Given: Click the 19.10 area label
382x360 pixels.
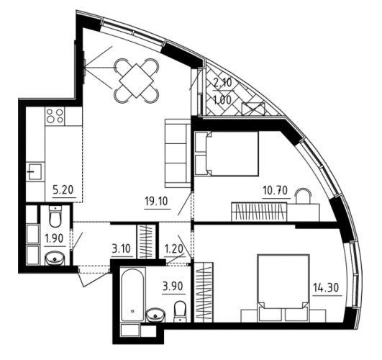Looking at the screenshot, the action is pos(156,202).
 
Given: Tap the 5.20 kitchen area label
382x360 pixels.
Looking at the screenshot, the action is pos(63,190).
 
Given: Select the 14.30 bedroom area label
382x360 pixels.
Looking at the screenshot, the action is pos(327,288).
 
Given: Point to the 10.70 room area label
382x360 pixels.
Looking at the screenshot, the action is pos(276,191).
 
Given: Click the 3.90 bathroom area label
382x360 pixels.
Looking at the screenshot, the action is pos(173,286).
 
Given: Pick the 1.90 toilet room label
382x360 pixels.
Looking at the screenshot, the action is pos(54,238).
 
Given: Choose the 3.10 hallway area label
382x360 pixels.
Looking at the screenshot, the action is pos(122,248).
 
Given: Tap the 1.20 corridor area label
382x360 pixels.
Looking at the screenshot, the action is pos(173,249).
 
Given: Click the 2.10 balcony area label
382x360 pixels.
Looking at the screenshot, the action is pos(222,84).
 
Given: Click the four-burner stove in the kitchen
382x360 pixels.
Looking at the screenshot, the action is pos(55,116).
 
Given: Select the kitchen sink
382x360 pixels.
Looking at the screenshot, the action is pos(34,171).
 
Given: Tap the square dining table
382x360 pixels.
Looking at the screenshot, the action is pos(137,81).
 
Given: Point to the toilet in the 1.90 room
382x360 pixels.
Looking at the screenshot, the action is pos(56,217).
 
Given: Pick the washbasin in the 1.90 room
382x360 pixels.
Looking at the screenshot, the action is pos(55,258).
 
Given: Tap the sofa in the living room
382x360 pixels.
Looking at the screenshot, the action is pos(178,153).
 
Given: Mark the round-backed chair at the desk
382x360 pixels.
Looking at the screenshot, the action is pos(304,196).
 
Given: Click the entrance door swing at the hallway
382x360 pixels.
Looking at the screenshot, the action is pos(94,276).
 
